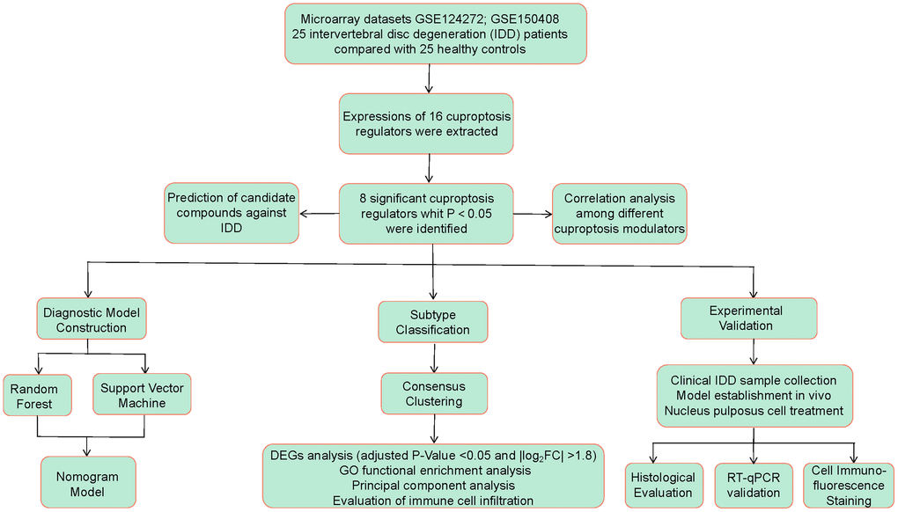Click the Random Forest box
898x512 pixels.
click(x=36, y=396)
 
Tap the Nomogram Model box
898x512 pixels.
click(x=89, y=484)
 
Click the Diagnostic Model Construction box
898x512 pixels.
click(x=92, y=319)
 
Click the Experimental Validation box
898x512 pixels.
click(x=749, y=318)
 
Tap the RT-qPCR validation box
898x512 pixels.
click(x=753, y=485)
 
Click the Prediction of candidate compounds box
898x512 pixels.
click(x=231, y=213)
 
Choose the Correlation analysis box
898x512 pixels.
click(x=619, y=213)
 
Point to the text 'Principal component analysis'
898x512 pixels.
click(x=433, y=485)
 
